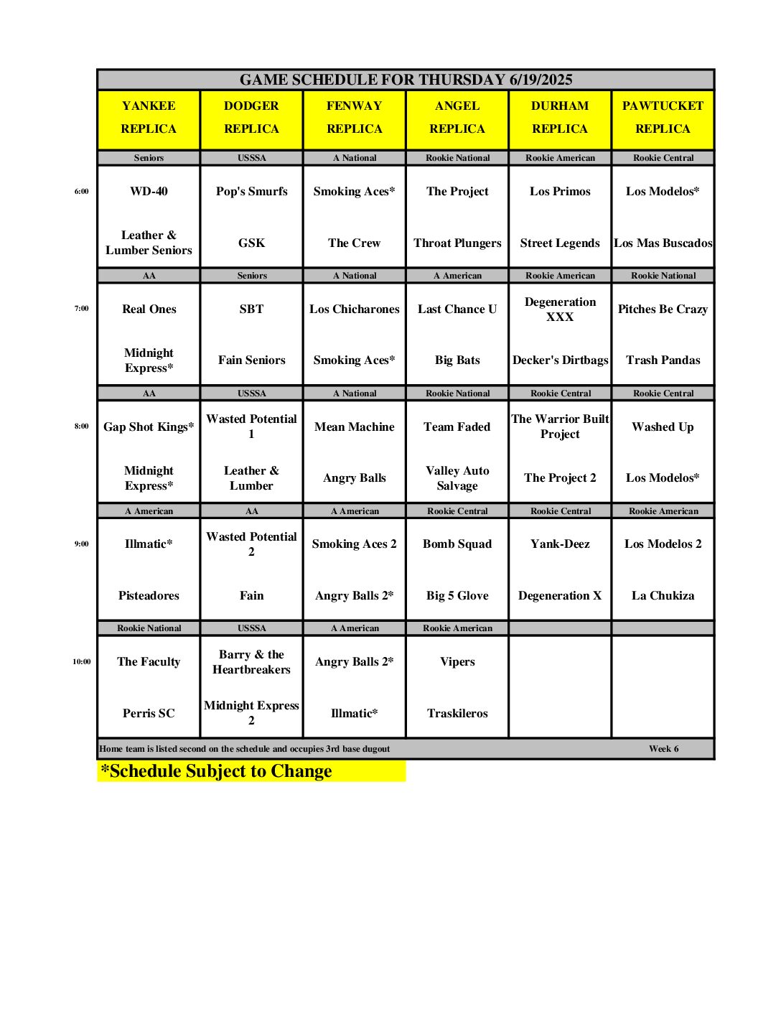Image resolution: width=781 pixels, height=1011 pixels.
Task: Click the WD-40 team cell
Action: [149, 192]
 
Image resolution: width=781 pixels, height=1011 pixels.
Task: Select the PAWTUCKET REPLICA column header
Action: [663, 118]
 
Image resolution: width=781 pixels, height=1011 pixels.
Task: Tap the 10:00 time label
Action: [81, 662]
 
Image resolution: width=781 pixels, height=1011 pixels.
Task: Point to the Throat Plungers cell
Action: [457, 243]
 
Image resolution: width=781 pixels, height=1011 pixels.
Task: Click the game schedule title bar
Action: [406, 80]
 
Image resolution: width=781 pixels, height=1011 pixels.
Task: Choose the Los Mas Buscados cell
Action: [663, 243]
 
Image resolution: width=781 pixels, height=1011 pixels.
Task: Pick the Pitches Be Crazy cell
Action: [663, 309]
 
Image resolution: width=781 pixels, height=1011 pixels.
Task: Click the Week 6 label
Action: [663, 749]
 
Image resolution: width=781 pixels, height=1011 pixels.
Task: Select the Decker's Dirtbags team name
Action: [560, 360]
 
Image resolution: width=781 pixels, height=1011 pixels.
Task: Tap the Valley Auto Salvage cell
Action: [457, 478]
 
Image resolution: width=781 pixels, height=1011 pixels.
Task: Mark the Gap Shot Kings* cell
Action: [149, 427]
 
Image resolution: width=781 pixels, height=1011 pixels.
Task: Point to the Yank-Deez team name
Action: [560, 544]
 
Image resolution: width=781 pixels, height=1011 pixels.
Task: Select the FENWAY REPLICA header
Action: [355, 118]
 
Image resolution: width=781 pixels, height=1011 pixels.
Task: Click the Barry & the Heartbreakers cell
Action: [251, 662]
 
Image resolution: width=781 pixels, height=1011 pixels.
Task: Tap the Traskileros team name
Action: [457, 714]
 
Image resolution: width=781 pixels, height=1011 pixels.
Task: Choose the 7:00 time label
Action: [81, 309]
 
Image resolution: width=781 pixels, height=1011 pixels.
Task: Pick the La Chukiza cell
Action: [663, 596]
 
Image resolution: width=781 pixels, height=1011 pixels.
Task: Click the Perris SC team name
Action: [149, 714]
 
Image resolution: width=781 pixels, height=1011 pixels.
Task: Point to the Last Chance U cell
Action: [457, 309]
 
